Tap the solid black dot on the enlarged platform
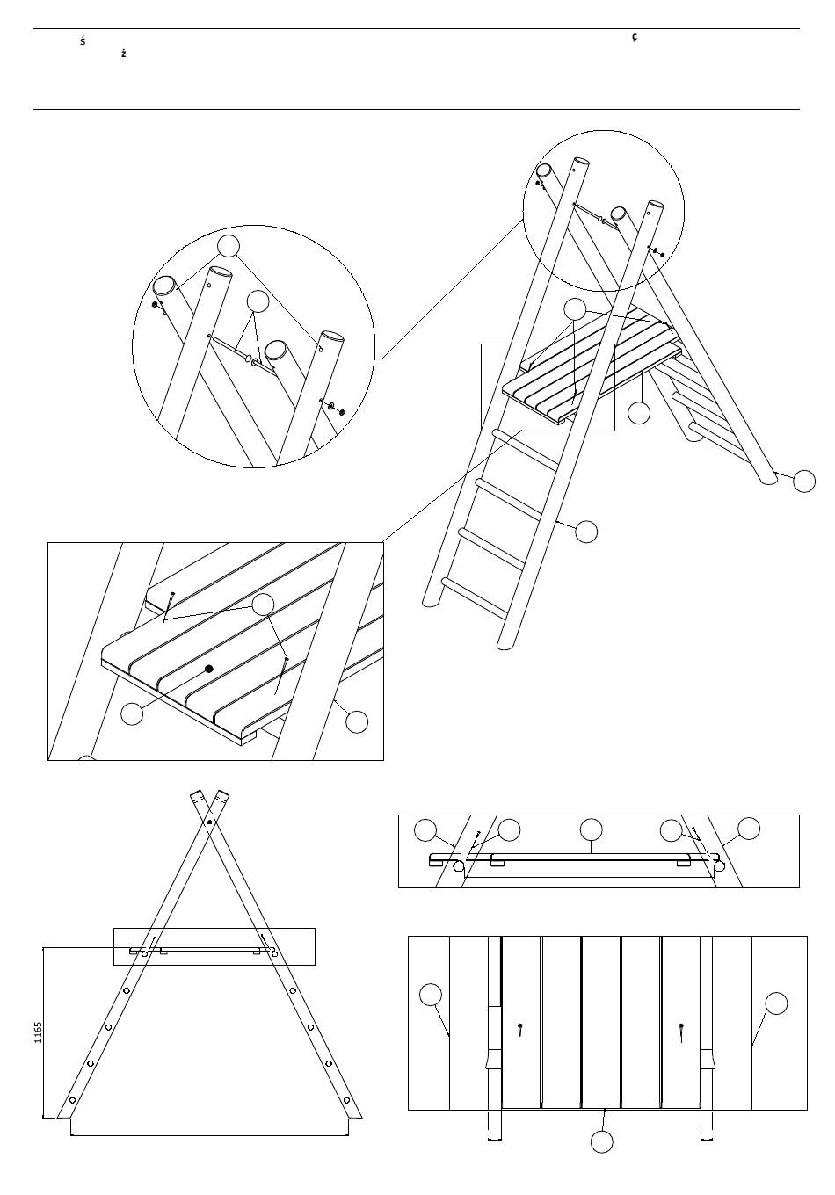click(209, 670)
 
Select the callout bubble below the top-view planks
click(601, 1141)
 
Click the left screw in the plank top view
click(521, 1027)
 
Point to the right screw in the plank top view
click(683, 1027)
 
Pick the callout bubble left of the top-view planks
click(430, 995)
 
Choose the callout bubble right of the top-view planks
click(776, 1003)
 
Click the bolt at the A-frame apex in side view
click(209, 823)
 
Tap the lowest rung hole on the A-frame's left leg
click(73, 1100)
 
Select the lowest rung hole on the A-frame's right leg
click(346, 1100)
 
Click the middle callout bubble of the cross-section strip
click(592, 829)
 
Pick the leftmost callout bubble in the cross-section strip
click(425, 829)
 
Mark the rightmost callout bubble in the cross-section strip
click(749, 828)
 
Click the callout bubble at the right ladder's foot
click(804, 481)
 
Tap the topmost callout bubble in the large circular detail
click(229, 245)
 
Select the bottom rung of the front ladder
click(476, 597)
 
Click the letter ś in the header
click(83, 41)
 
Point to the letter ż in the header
click(124, 54)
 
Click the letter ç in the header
click(635, 38)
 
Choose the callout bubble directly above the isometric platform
click(574, 308)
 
